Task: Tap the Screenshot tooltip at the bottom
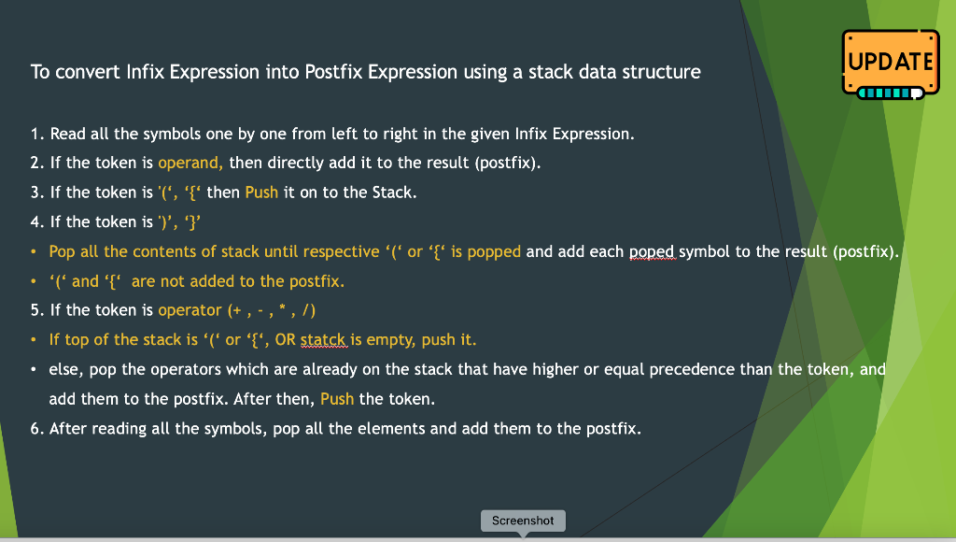coord(523,521)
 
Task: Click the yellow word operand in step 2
coord(190,163)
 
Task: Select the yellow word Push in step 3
coord(261,193)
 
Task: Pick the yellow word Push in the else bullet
coord(337,399)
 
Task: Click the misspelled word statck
coord(323,340)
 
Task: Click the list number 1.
coord(35,134)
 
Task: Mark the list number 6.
coord(35,429)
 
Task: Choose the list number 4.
coord(35,221)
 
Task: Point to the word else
coord(64,370)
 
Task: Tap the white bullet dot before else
coord(35,370)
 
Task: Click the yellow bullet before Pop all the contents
coord(35,252)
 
